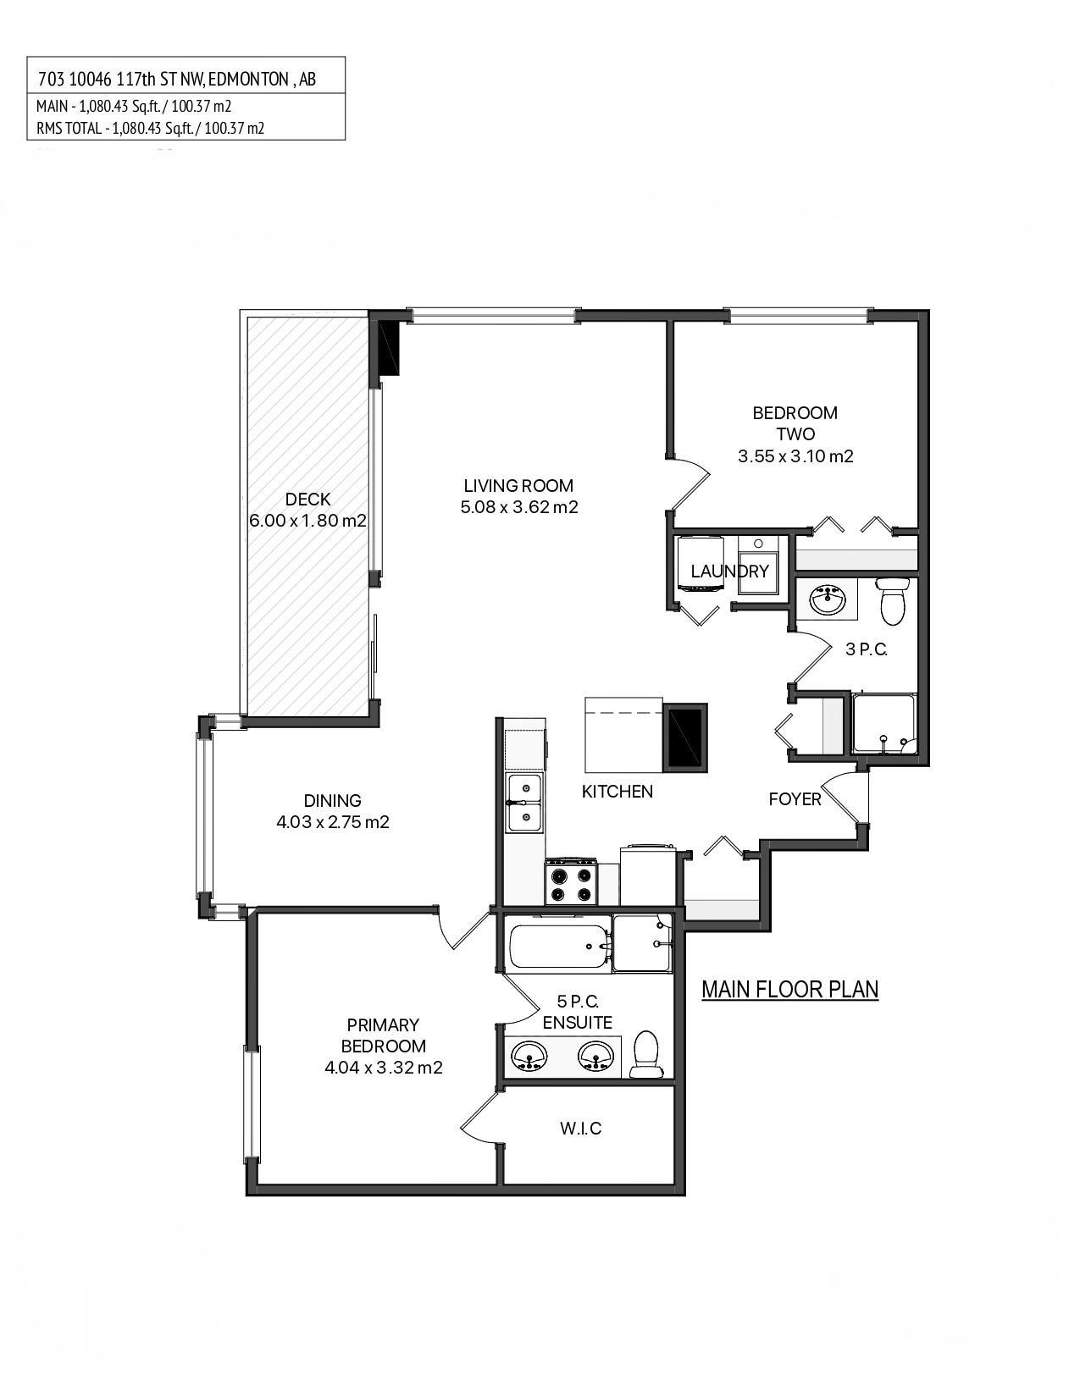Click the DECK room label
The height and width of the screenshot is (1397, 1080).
click(x=307, y=500)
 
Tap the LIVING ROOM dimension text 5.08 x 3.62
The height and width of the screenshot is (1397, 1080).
click(x=518, y=508)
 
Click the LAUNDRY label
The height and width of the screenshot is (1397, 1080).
click(x=729, y=571)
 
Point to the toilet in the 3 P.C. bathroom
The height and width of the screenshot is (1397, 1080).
click(x=892, y=600)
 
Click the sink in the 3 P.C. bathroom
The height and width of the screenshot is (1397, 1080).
click(x=827, y=600)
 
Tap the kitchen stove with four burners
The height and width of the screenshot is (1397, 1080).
click(x=570, y=882)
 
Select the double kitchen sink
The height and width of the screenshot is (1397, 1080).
click(x=525, y=803)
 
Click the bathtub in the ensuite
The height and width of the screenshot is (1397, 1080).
click(x=559, y=946)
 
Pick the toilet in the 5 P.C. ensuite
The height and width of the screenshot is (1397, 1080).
click(x=646, y=1055)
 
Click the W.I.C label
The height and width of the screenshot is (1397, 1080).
click(x=580, y=1129)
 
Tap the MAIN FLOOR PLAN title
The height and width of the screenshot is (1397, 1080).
click(x=789, y=989)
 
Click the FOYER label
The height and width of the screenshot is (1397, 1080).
click(x=795, y=799)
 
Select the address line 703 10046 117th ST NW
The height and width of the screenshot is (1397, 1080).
click(x=177, y=80)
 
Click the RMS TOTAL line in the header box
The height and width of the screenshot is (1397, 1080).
click(x=150, y=129)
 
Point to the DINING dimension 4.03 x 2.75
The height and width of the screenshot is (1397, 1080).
click(x=332, y=822)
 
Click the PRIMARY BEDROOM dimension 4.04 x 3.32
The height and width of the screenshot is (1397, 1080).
click(x=383, y=1068)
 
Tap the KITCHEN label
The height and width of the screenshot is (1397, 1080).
click(x=617, y=792)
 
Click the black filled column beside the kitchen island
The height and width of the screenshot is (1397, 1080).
click(x=686, y=737)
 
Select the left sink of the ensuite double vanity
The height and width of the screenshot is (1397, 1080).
click(x=529, y=1057)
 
